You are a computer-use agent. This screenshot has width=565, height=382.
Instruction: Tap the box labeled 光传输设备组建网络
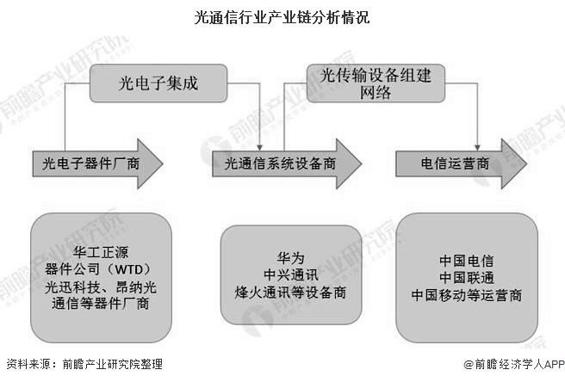(x=376, y=83)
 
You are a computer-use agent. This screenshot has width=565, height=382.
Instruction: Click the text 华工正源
(x=101, y=251)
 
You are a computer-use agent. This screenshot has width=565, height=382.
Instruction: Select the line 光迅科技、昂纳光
(x=101, y=286)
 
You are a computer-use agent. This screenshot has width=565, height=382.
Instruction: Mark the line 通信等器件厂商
(x=101, y=303)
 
